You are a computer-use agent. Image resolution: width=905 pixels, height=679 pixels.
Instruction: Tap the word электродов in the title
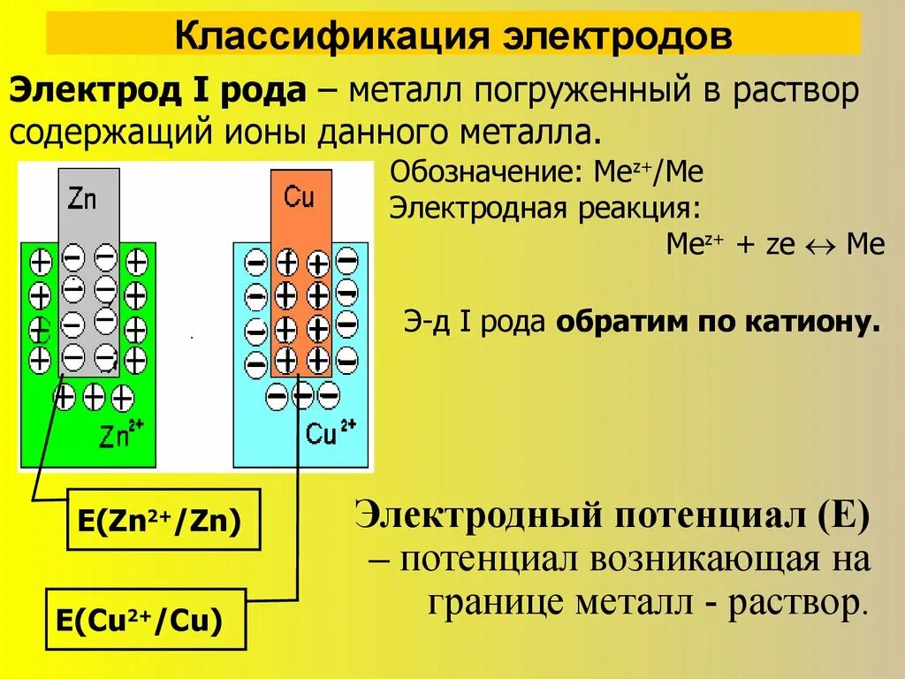point(618,36)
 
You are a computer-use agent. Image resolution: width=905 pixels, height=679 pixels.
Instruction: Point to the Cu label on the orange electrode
point(300,196)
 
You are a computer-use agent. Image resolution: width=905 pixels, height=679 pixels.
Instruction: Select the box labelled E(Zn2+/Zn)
point(164,520)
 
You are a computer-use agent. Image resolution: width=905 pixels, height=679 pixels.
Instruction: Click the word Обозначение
point(481,172)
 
